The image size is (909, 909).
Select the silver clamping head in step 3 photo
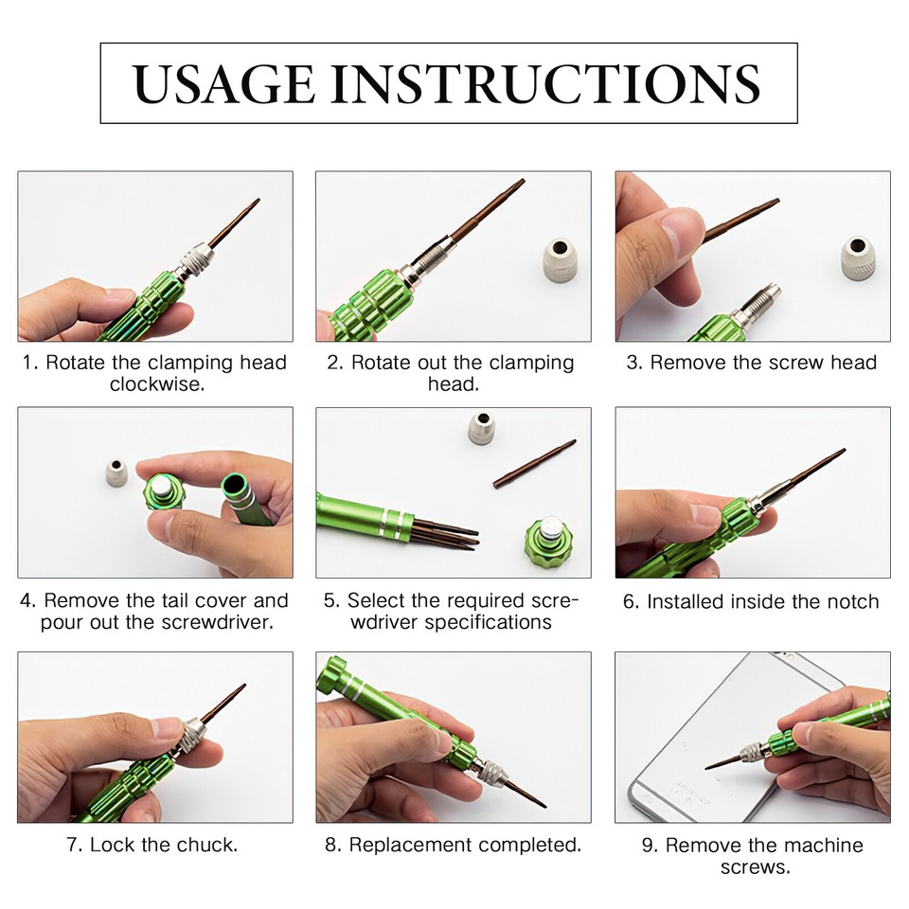pyautogui.click(x=857, y=257)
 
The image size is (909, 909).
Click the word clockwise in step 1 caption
pyautogui.click(x=156, y=385)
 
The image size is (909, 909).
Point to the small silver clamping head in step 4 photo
pyautogui.click(x=116, y=471)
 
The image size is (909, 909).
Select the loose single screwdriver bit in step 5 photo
pyautogui.click(x=534, y=463)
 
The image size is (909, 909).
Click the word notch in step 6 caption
pyautogui.click(x=849, y=602)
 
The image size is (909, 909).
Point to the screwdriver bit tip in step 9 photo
pyautogui.click(x=709, y=766)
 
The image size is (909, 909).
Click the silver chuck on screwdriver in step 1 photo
pyautogui.click(x=194, y=259)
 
